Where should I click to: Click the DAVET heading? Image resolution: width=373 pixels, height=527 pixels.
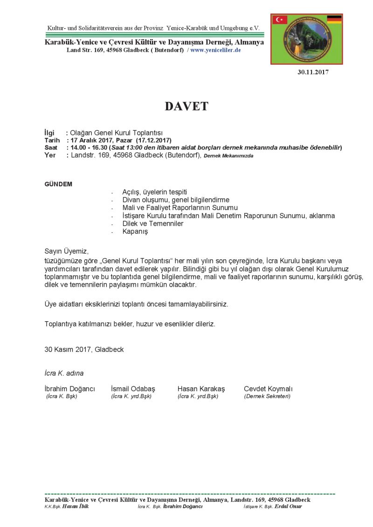(186, 106)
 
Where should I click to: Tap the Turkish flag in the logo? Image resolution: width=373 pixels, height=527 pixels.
(280, 20)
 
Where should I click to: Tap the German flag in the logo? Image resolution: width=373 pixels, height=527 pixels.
(334, 19)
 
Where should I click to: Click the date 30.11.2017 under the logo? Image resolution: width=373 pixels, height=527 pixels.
(313, 72)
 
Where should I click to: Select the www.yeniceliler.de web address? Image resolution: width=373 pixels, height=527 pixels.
(215, 50)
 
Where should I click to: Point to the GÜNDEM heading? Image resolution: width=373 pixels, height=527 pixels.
(58, 184)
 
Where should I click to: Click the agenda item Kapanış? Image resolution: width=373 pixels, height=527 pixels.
(135, 231)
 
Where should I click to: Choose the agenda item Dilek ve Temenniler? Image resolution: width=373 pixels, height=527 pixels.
(152, 223)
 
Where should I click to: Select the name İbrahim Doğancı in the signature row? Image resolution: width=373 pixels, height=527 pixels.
(69, 389)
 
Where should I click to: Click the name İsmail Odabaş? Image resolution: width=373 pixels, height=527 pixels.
(133, 389)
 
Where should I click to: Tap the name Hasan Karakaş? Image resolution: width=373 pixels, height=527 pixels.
(201, 389)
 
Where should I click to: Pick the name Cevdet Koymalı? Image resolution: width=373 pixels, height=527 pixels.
(268, 389)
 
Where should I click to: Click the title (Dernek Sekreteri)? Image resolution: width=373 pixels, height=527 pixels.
(267, 396)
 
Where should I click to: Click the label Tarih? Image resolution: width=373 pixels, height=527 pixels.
(52, 140)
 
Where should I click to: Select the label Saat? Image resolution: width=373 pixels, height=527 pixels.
(51, 148)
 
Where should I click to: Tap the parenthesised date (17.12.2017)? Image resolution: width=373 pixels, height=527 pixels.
(154, 140)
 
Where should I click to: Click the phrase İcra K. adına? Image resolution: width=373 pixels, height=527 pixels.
(64, 373)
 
